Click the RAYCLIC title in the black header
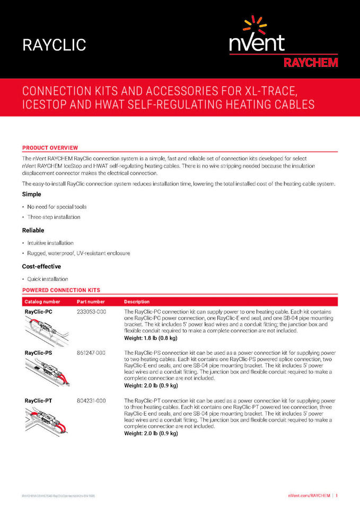pyautogui.click(x=54, y=45)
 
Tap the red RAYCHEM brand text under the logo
pyautogui.click(x=310, y=62)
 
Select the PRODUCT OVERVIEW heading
pyautogui.click(x=50, y=147)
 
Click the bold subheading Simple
pyautogui.click(x=31, y=194)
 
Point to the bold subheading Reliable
pyautogui.click(x=33, y=230)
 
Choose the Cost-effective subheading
pyautogui.click(x=41, y=266)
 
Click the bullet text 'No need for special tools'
pyautogui.click(x=57, y=207)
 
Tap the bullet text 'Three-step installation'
pyautogui.click(x=54, y=217)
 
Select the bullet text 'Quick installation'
pyautogui.click(x=48, y=279)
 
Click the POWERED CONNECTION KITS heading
pyautogui.click(x=61, y=290)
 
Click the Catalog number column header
pyautogui.click(x=42, y=302)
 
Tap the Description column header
pyautogui.click(x=137, y=302)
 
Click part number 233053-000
pyautogui.click(x=92, y=312)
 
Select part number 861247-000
pyautogui.click(x=92, y=353)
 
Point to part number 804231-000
pyautogui.click(x=92, y=400)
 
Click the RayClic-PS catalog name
pyautogui.click(x=39, y=353)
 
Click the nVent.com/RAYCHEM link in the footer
pyautogui.click(x=310, y=495)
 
